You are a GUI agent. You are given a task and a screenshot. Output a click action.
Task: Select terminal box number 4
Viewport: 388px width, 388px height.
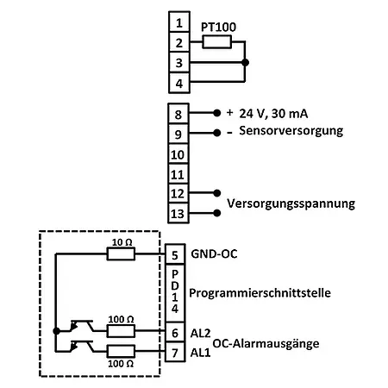[178, 84]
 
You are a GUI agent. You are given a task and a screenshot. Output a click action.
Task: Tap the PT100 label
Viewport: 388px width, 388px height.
[218, 27]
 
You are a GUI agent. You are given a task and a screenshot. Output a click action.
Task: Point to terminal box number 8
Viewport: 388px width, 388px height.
[178, 115]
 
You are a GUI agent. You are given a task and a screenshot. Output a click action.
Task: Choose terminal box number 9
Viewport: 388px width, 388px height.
[178, 135]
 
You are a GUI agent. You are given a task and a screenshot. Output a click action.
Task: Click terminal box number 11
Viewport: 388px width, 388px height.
[178, 173]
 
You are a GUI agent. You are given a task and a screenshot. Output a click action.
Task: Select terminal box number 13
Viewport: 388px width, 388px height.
[178, 213]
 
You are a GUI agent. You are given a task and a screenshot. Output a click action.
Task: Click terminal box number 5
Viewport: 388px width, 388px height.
[175, 255]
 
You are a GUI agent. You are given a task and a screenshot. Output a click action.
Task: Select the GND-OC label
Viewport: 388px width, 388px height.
[213, 255]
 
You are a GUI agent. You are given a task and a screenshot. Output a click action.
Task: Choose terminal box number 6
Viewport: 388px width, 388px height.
[175, 331]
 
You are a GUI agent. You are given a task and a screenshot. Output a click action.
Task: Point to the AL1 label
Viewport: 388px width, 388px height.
[200, 353]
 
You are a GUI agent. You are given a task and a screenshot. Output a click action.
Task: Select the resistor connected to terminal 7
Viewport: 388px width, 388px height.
[119, 352]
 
